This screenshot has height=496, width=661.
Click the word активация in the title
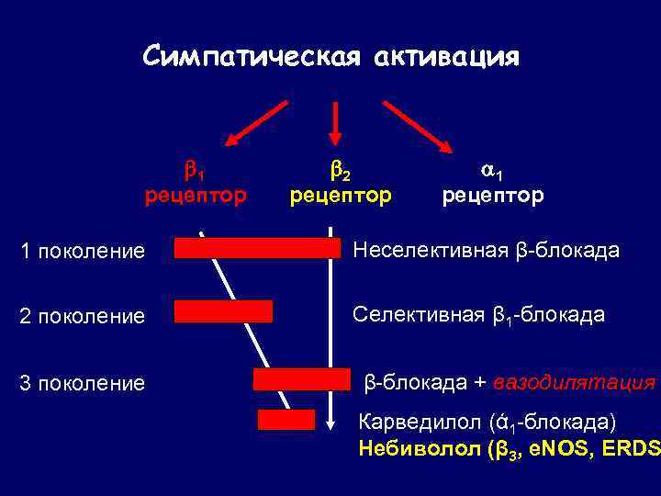[446, 57]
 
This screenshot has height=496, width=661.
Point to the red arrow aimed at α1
[418, 124]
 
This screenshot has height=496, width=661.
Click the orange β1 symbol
[195, 170]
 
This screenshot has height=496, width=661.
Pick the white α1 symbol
[492, 170]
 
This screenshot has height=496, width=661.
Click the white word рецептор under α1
[492, 196]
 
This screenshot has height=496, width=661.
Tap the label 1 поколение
[82, 251]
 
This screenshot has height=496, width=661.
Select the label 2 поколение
[82, 316]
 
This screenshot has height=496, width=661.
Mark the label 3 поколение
[82, 382]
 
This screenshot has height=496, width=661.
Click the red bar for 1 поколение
[256, 247]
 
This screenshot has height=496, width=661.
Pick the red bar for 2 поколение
[223, 311]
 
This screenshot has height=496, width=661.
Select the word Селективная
[419, 315]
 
